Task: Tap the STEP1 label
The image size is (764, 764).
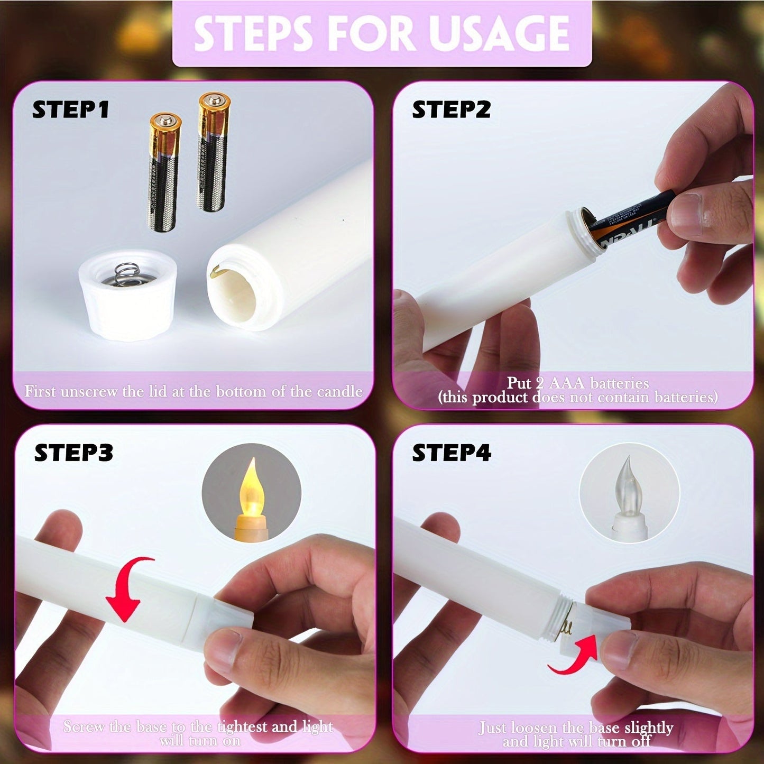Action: tap(70, 109)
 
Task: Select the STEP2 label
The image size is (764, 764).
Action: tap(451, 109)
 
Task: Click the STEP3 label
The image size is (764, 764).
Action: tap(73, 453)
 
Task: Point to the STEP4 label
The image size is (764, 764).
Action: tap(451, 453)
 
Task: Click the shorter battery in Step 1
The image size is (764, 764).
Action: tap(162, 172)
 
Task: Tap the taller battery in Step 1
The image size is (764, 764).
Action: tap(213, 152)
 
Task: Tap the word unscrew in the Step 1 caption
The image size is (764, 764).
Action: tap(92, 392)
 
